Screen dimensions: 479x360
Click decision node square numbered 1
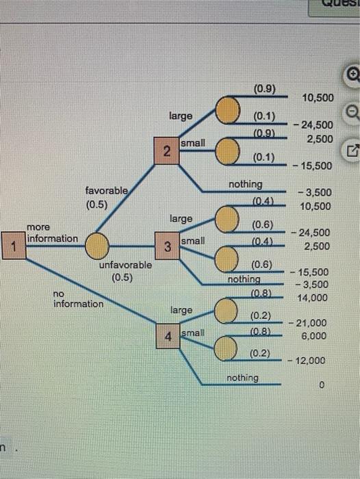click(11, 245)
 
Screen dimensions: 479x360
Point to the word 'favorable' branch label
click(106, 192)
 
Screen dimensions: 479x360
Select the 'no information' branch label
click(78, 298)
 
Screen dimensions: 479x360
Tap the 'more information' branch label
click(52, 233)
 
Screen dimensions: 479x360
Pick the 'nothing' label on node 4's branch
click(243, 378)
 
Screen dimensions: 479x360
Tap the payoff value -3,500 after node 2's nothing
click(316, 193)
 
